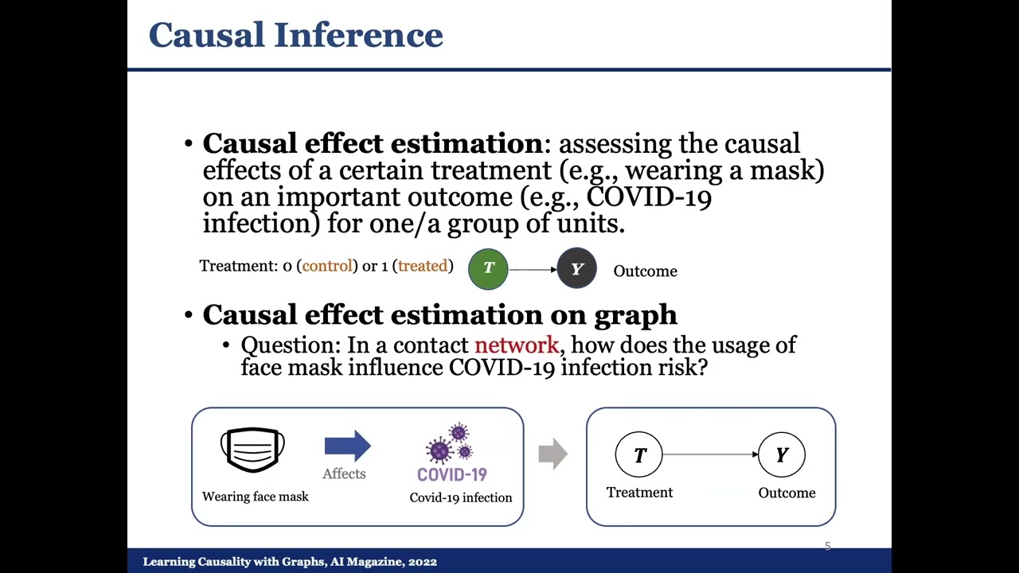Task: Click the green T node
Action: coord(488,269)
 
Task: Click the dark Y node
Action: coord(577,268)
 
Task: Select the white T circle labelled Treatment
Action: coord(638,454)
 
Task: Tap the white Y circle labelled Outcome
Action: coord(782,454)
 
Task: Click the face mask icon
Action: coord(252,450)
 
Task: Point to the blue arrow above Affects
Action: coord(348,446)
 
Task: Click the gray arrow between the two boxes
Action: coord(553,454)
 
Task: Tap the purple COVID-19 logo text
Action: coord(452,475)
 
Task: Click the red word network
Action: coord(517,345)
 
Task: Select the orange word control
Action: coord(327,266)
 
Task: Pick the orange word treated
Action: coord(423,266)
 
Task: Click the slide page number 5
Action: coord(828,546)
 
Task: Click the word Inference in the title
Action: coord(358,34)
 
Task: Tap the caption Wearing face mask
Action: coord(256,496)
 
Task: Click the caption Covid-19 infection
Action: coord(461,497)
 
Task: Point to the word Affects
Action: coord(344,474)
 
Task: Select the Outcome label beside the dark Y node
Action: coord(645,271)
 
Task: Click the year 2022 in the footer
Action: coord(423,562)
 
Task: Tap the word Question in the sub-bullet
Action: coord(287,345)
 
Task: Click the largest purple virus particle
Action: coord(439,450)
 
